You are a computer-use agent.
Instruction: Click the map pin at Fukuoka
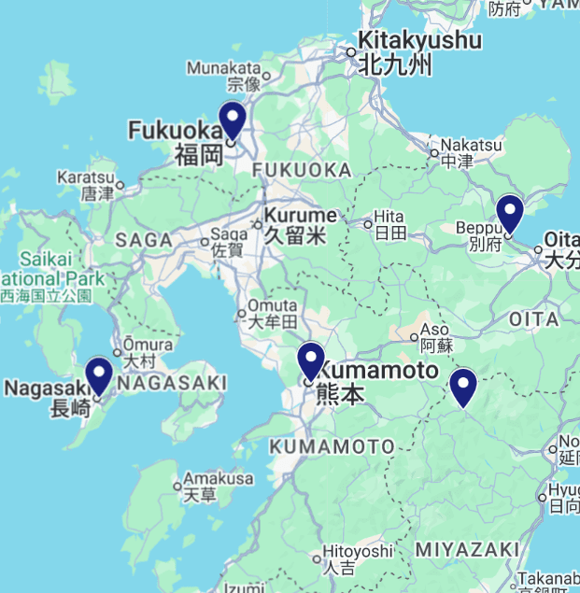pos(232,120)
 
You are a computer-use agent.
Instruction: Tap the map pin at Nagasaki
pos(98,375)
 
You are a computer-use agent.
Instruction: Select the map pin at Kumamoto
pos(310,360)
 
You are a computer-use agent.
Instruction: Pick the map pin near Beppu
pos(509,213)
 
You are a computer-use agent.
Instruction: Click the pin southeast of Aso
pos(462,387)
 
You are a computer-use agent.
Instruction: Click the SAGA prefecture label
pos(145,240)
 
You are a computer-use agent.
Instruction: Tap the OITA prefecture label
pos(533,319)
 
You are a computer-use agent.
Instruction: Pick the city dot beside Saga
pos(205,242)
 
